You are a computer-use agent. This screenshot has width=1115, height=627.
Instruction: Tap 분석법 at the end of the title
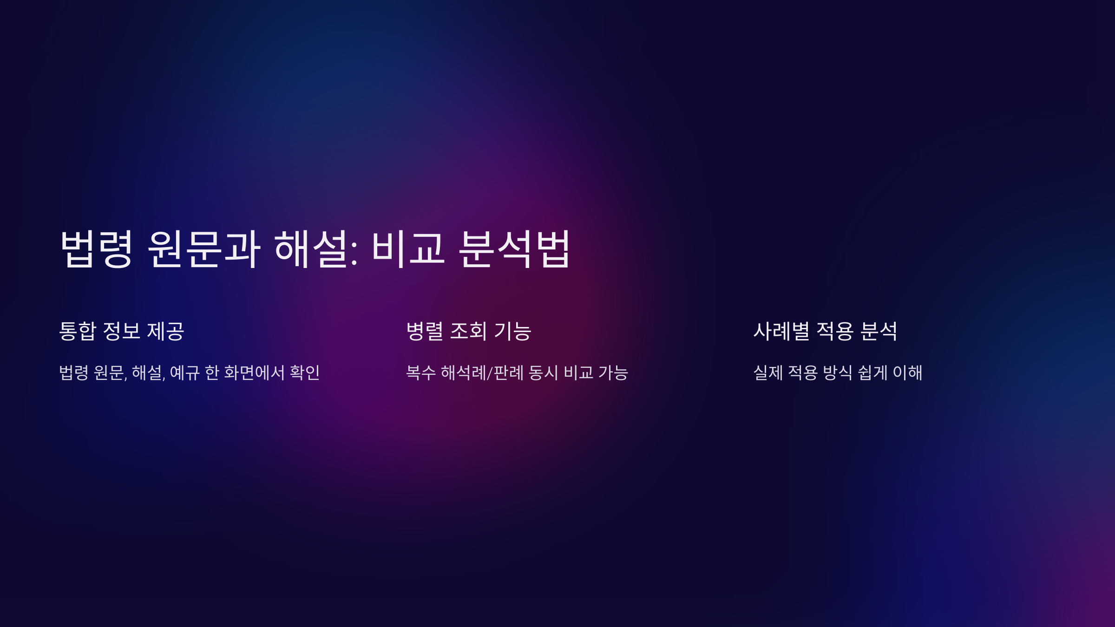pyautogui.click(x=514, y=249)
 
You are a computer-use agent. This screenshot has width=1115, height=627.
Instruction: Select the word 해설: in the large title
pyautogui.click(x=316, y=249)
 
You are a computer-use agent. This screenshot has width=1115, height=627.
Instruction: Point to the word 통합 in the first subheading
pyautogui.click(x=78, y=331)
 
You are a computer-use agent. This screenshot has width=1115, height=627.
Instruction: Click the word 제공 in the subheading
pyautogui.click(x=166, y=331)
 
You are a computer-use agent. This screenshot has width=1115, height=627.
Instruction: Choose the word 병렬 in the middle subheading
pyautogui.click(x=425, y=331)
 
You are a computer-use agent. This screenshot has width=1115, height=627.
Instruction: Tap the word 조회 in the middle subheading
pyautogui.click(x=468, y=331)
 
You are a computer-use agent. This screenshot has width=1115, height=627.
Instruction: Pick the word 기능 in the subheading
pyautogui.click(x=512, y=331)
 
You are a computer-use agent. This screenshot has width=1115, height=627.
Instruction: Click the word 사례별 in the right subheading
pyautogui.click(x=781, y=331)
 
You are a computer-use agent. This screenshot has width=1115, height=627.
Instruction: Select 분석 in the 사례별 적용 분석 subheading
pyautogui.click(x=879, y=331)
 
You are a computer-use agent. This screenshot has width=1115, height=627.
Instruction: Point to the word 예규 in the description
pyautogui.click(x=185, y=372)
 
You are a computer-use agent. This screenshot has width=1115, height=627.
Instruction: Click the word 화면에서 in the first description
pyautogui.click(x=254, y=372)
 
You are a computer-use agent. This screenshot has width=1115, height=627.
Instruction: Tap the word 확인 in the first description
pyautogui.click(x=305, y=372)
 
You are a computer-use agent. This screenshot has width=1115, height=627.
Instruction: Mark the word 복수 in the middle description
pyautogui.click(x=421, y=372)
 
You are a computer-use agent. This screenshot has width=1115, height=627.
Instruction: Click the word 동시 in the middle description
pyautogui.click(x=544, y=372)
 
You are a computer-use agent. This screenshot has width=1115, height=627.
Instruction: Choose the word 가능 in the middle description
pyautogui.click(x=613, y=372)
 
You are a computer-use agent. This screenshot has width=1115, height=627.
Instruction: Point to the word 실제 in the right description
pyautogui.click(x=768, y=372)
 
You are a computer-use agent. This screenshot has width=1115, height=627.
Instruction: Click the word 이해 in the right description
pyautogui.click(x=907, y=372)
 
